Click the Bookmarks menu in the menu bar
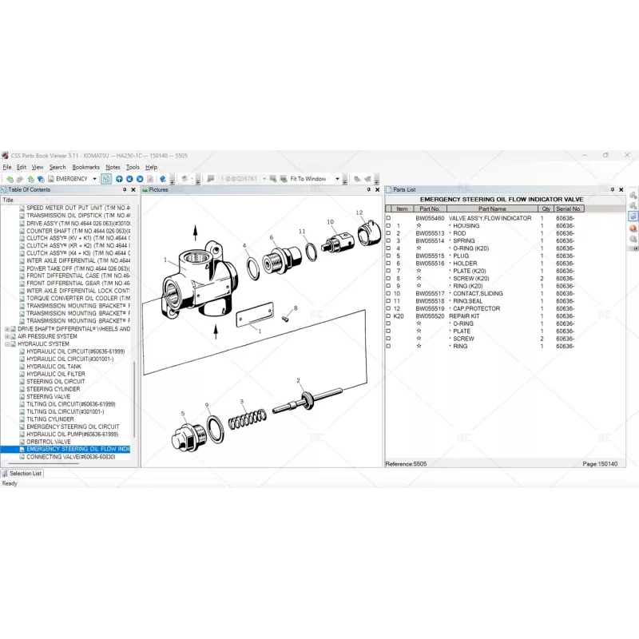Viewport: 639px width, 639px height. coord(85,167)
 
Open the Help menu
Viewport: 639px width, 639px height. coord(151,167)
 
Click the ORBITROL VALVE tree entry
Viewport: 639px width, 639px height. coord(49,442)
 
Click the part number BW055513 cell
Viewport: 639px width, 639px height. coord(430,233)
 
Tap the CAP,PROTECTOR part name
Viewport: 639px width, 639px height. coord(477,308)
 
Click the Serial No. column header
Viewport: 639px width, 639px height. coord(569,208)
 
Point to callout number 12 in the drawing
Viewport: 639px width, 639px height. coord(359,212)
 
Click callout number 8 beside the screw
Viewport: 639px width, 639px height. coord(296,308)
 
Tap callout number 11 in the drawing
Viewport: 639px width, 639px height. coord(303,232)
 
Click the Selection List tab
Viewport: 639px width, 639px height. coord(26,473)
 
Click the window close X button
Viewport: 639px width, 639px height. coord(628,155)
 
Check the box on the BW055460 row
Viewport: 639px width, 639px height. coord(389,218)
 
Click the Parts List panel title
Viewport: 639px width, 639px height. coord(404,189)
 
